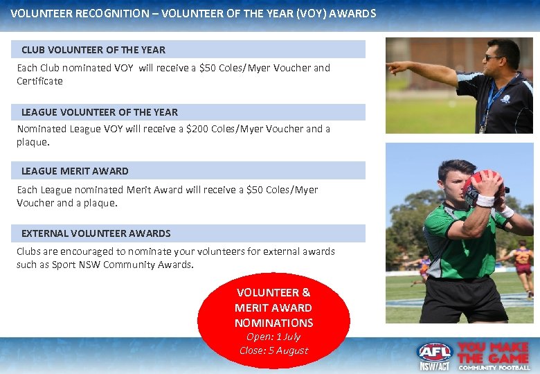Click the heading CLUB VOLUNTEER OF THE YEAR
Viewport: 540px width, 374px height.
pyautogui.click(x=93, y=50)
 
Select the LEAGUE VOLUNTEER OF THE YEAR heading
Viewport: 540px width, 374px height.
pyautogui.click(x=100, y=112)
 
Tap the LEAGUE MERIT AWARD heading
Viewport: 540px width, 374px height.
pyautogui.click(x=75, y=171)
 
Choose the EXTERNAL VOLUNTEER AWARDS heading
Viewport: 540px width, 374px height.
pyautogui.click(x=96, y=233)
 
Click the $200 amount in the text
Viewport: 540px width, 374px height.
pyautogui.click(x=198, y=129)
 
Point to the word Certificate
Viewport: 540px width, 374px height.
pyautogui.click(x=39, y=81)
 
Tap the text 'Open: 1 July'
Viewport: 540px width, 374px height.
pyautogui.click(x=273, y=337)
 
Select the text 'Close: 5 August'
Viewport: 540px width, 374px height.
pyautogui.click(x=273, y=350)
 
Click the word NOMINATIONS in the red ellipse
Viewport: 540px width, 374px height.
pyautogui.click(x=273, y=323)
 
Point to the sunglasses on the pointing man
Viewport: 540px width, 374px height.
pyautogui.click(x=494, y=57)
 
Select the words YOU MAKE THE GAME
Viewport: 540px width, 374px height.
pyautogui.click(x=493, y=353)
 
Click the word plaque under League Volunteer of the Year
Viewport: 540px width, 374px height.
pyautogui.click(x=32, y=142)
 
